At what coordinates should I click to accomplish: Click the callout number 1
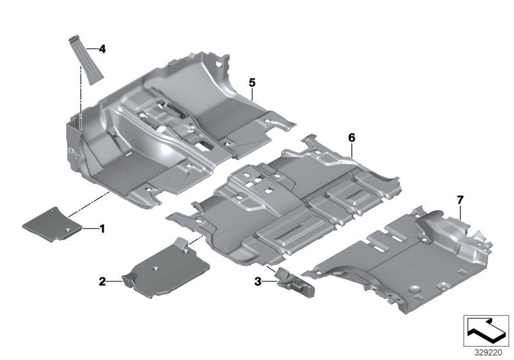point(101,228)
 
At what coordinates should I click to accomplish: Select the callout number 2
point(102,281)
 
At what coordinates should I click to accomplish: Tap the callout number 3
point(257,281)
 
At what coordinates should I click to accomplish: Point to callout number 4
point(101,48)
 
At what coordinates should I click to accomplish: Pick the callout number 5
point(252,82)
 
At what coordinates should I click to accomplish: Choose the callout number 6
point(351,138)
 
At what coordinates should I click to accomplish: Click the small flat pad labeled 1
point(51,224)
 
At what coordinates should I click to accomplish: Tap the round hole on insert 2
point(157,265)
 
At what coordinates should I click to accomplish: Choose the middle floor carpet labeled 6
point(289,199)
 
